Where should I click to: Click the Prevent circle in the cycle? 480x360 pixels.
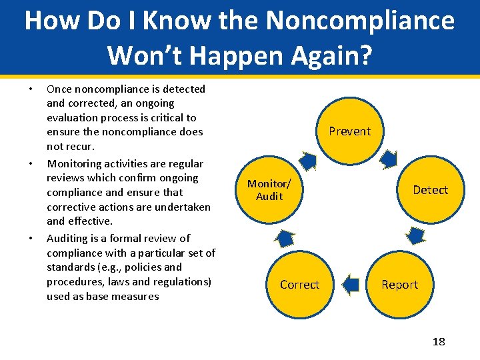point(349,131)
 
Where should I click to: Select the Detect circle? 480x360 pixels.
point(430,190)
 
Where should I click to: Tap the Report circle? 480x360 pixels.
point(399,285)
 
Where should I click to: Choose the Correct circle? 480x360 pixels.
point(299,285)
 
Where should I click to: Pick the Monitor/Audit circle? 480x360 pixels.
point(269,190)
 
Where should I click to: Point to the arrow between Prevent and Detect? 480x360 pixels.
point(389,159)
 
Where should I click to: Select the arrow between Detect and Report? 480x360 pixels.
point(417,235)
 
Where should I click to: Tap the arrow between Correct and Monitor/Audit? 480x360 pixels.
point(285,237)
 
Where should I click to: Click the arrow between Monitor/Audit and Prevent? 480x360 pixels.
point(308,161)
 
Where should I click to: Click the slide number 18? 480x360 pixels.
point(438,342)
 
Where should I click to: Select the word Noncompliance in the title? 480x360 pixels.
point(360,21)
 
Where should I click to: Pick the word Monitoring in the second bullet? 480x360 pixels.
point(75,163)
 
